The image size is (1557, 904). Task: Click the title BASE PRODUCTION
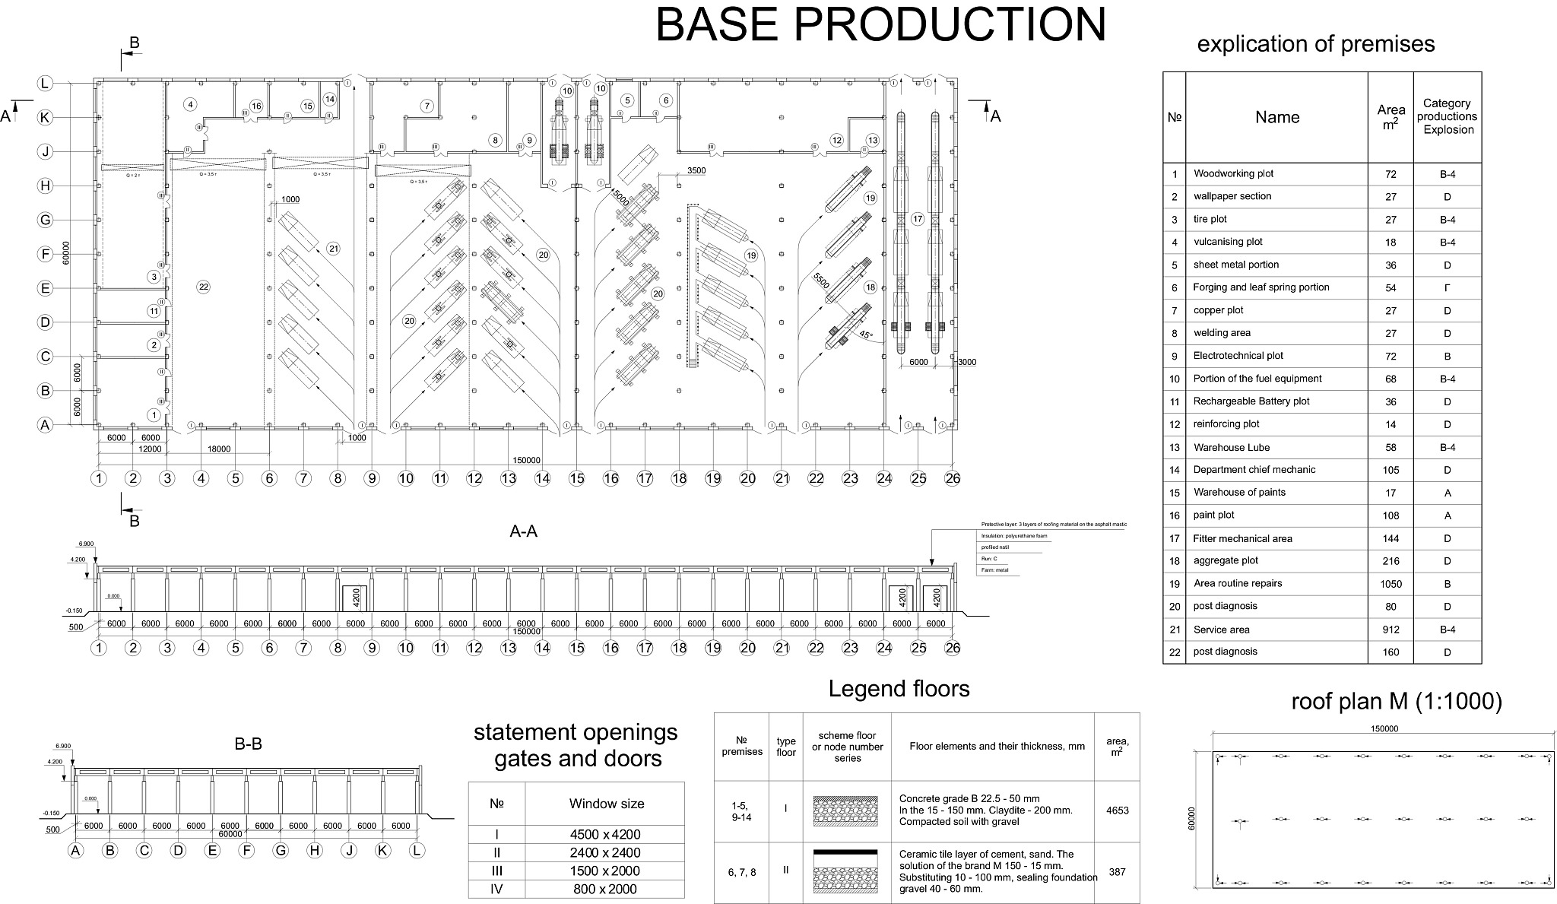point(880,24)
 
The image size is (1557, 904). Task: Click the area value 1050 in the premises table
point(1390,584)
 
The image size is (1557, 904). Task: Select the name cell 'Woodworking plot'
point(1233,174)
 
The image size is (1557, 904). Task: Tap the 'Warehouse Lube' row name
point(1231,448)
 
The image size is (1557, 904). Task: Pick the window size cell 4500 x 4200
point(605,834)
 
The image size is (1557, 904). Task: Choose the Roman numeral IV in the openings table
point(496,889)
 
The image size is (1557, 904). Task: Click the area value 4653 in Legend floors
point(1117,810)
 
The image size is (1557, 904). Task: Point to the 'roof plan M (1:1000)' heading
point(1397,701)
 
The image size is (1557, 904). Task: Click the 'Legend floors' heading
point(899,690)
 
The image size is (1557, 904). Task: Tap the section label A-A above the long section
point(523,531)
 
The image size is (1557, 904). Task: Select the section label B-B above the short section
point(248,744)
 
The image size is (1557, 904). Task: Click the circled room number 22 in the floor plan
point(203,287)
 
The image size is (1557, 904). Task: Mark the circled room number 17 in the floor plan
point(918,219)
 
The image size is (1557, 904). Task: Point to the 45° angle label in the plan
point(866,335)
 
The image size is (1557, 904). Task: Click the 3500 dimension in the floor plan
point(696,171)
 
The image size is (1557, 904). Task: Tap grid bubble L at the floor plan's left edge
point(46,84)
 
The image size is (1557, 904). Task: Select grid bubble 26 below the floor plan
point(952,478)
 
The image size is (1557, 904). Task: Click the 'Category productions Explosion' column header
point(1447,116)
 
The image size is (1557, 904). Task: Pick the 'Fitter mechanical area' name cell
point(1242,539)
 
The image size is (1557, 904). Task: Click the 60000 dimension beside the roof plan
point(1192,819)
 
